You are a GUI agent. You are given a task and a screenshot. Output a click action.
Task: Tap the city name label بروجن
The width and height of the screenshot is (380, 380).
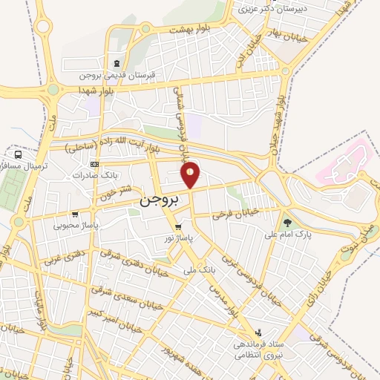click(157, 201)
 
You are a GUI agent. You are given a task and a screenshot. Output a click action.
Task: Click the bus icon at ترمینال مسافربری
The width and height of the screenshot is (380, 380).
click(18, 154)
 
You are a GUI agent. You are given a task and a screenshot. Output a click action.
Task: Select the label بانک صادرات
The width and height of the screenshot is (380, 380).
click(70, 176)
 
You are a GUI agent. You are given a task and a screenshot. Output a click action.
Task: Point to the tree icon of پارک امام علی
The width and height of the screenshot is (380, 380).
click(287, 222)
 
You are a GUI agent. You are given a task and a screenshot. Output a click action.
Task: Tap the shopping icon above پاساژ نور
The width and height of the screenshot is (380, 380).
click(177, 226)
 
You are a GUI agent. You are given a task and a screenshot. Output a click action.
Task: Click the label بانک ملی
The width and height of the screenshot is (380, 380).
click(200, 272)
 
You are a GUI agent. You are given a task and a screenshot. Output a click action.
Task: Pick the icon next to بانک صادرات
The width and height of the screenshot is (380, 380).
click(94, 164)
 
